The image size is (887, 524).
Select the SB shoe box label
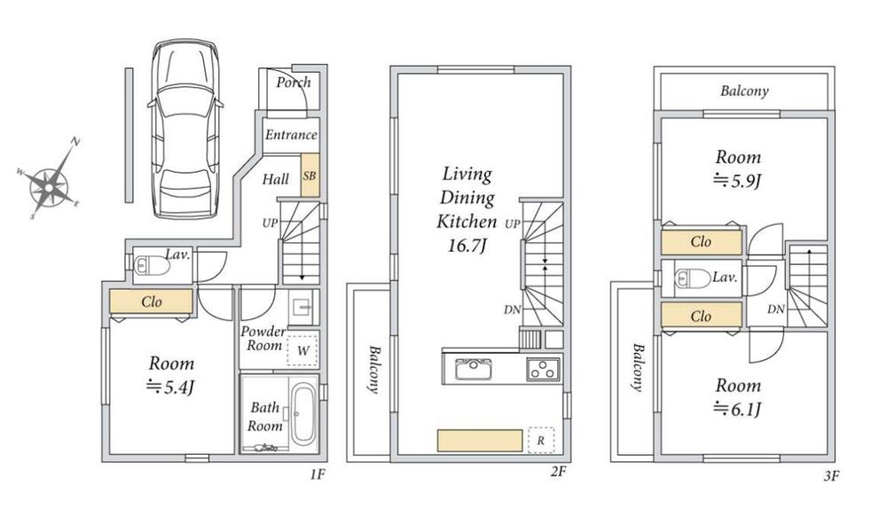[310, 176]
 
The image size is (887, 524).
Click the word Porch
[293, 82]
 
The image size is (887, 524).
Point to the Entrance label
[291, 135]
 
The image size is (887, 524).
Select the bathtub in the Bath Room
[302, 412]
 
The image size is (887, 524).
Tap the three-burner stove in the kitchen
[542, 368]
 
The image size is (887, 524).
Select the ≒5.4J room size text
[170, 386]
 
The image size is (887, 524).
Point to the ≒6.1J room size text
[738, 409]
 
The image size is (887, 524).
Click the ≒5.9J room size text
[739, 181]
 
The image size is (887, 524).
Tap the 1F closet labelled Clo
[151, 302]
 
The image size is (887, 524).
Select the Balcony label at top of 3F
[744, 90]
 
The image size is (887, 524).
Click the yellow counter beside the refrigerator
[479, 441]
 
